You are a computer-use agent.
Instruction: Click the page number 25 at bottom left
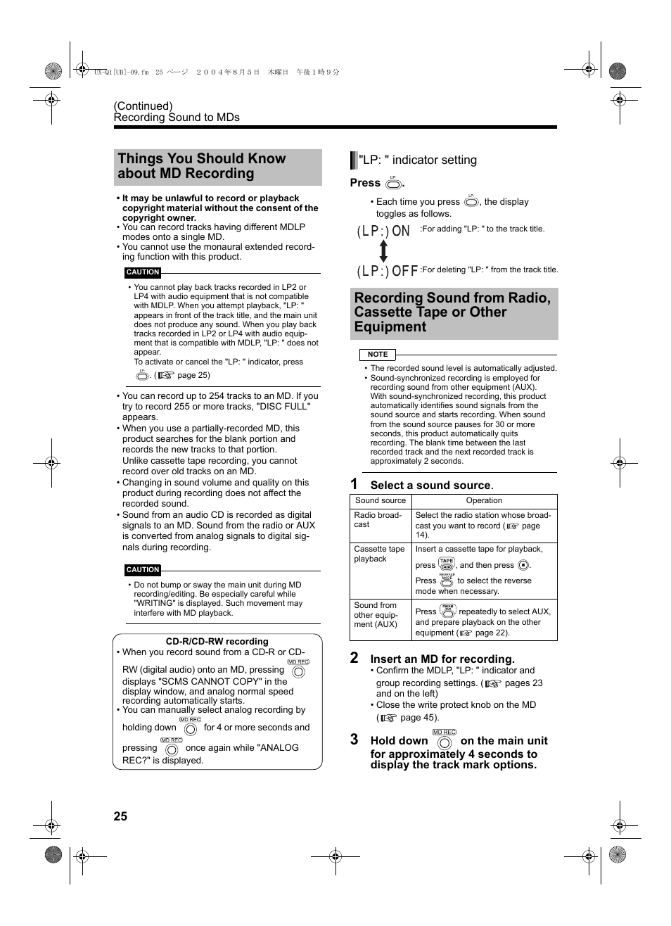pyautogui.click(x=120, y=816)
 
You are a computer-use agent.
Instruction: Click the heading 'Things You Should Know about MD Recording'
pyautogui.click(x=202, y=166)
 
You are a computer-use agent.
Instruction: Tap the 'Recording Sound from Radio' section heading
pyautogui.click(x=453, y=312)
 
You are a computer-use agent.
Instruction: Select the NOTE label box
pyautogui.click(x=378, y=355)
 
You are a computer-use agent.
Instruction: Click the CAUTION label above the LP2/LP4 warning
pyautogui.click(x=143, y=272)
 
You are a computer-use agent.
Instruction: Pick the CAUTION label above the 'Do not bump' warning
pyautogui.click(x=143, y=570)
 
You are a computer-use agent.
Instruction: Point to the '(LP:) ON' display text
pyautogui.click(x=383, y=231)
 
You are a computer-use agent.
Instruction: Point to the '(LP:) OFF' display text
pyautogui.click(x=387, y=271)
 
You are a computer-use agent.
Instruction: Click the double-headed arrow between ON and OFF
pyautogui.click(x=383, y=251)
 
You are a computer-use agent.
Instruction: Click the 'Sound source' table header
pyautogui.click(x=381, y=501)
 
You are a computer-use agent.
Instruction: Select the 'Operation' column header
pyautogui.click(x=484, y=501)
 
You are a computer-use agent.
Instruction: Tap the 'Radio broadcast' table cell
pyautogui.click(x=378, y=519)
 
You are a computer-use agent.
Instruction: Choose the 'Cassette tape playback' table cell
pyautogui.click(x=379, y=554)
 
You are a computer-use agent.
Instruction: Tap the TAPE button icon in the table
pyautogui.click(x=447, y=564)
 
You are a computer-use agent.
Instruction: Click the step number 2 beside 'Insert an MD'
pyautogui.click(x=354, y=658)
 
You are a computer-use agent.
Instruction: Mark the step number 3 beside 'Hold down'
pyautogui.click(x=354, y=740)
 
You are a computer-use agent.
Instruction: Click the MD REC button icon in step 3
pyautogui.click(x=444, y=740)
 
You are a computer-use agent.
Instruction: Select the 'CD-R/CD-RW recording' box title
pyautogui.click(x=217, y=642)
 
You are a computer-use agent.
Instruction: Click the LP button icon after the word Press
pyautogui.click(x=393, y=183)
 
